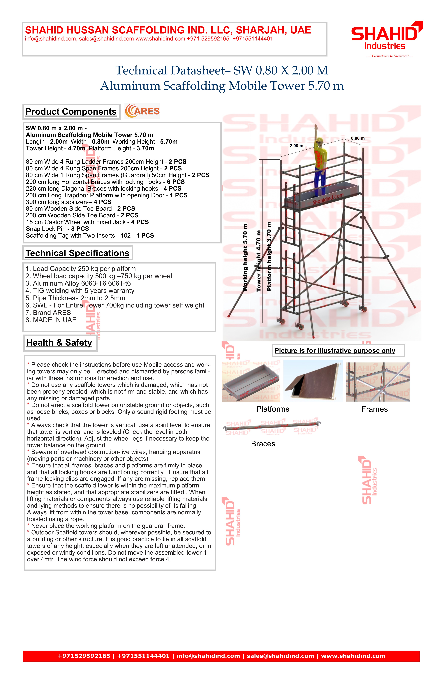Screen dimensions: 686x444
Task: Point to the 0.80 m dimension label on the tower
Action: tap(357, 138)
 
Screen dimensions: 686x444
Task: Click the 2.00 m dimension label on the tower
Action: tap(296, 146)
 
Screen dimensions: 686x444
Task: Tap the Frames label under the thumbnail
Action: tap(374, 409)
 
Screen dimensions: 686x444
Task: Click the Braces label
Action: tap(263, 444)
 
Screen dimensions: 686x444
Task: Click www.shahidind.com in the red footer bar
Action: tap(353, 656)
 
